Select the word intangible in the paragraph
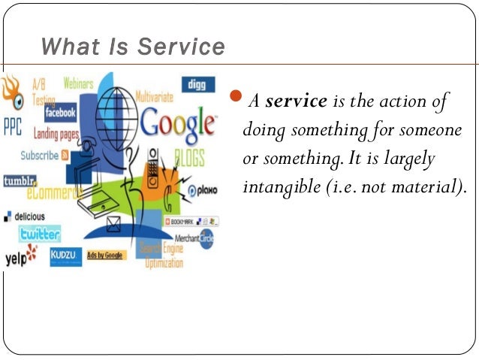pyautogui.click(x=276, y=186)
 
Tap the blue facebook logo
pyautogui.click(x=60, y=113)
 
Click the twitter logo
pyautogui.click(x=41, y=234)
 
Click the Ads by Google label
pyautogui.click(x=105, y=256)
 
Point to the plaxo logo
pyautogui.click(x=202, y=190)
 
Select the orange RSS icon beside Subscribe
pyautogui.click(x=65, y=156)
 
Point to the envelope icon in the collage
pyautogui.click(x=114, y=222)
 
